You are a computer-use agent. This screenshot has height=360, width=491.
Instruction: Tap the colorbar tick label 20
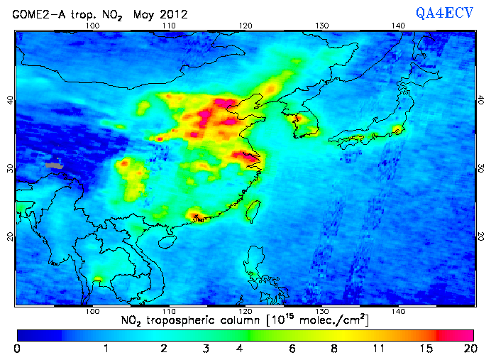(x=469, y=349)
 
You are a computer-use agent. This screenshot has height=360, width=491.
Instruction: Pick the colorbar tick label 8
(x=333, y=349)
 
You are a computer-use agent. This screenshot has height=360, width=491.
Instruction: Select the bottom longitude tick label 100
(x=92, y=311)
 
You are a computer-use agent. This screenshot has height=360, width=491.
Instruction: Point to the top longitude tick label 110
(x=169, y=26)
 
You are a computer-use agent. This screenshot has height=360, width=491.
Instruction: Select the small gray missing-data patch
(x=53, y=165)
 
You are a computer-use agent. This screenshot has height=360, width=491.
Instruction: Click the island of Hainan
(x=167, y=242)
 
